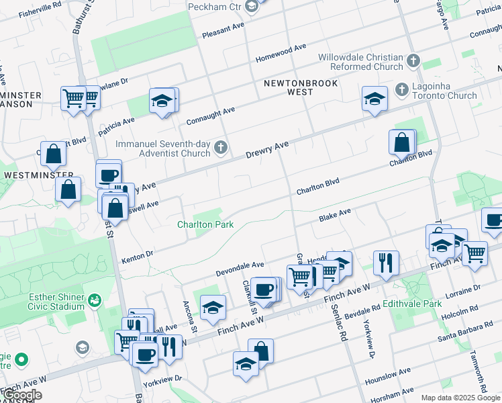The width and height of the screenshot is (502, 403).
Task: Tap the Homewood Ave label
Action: (x=280, y=53)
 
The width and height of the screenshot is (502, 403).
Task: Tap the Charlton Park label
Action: (x=205, y=224)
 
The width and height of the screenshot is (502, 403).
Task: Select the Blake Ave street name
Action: (x=335, y=215)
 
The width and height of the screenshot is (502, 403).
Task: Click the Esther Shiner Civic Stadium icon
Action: (x=95, y=298)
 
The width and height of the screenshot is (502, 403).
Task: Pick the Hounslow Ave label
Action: (x=388, y=375)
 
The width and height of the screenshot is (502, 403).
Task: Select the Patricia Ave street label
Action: (x=117, y=127)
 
